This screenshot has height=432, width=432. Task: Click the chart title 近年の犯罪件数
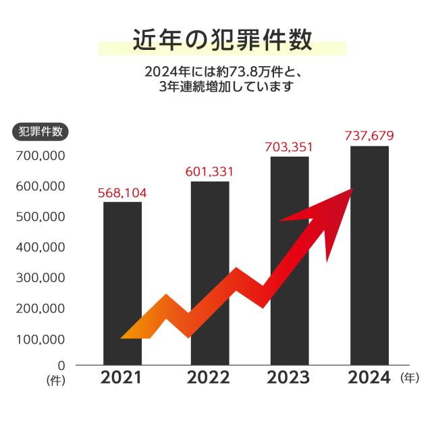(x=221, y=40)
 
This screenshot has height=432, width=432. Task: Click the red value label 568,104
(x=122, y=193)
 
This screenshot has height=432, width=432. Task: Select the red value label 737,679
(x=369, y=136)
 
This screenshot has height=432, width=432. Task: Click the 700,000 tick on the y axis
(x=39, y=155)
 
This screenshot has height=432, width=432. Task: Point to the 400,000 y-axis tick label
(x=39, y=247)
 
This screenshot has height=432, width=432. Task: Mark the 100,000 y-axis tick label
(x=39, y=339)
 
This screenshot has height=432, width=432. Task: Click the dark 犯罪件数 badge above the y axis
(x=40, y=132)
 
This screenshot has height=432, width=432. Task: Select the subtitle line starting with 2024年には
(x=221, y=70)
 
